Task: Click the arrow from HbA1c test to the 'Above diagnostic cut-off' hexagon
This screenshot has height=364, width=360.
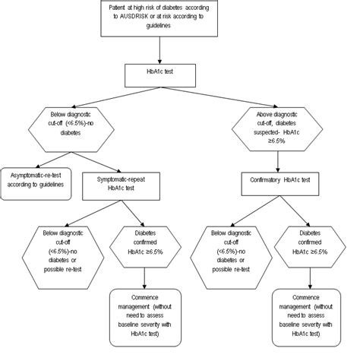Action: pos(228,100)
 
